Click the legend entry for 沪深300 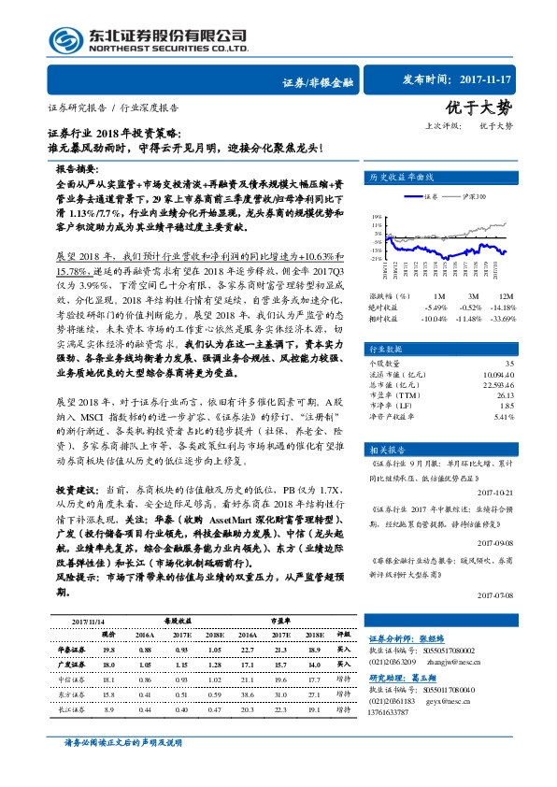[x=473, y=198]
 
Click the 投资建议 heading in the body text [x=74, y=489]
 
